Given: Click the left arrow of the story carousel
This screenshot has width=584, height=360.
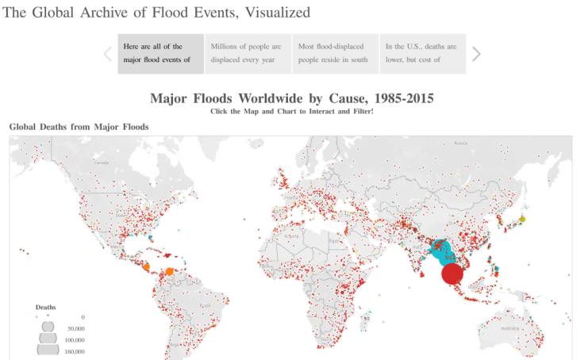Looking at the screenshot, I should click(x=108, y=54).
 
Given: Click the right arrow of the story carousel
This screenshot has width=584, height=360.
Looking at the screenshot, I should click(x=476, y=54).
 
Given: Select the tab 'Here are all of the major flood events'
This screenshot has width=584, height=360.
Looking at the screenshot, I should click(x=160, y=53).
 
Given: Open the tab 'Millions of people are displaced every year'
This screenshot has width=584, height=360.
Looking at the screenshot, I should click(x=248, y=53).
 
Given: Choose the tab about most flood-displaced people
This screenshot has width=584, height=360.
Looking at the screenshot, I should click(x=335, y=53).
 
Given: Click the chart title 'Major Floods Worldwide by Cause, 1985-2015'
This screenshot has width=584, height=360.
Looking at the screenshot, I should click(x=292, y=98).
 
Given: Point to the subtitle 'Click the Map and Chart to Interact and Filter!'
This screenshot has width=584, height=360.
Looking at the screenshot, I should click(x=292, y=111).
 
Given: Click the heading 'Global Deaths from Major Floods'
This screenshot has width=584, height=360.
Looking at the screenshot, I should click(x=79, y=126).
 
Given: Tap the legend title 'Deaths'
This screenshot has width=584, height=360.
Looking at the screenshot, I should click(x=45, y=307).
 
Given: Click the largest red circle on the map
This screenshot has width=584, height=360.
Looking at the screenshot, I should click(x=452, y=274).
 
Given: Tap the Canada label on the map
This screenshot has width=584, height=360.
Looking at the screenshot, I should click(x=101, y=163).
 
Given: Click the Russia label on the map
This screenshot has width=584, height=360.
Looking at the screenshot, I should click(x=460, y=144).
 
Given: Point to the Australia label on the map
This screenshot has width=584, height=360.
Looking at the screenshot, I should click(x=509, y=327).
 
